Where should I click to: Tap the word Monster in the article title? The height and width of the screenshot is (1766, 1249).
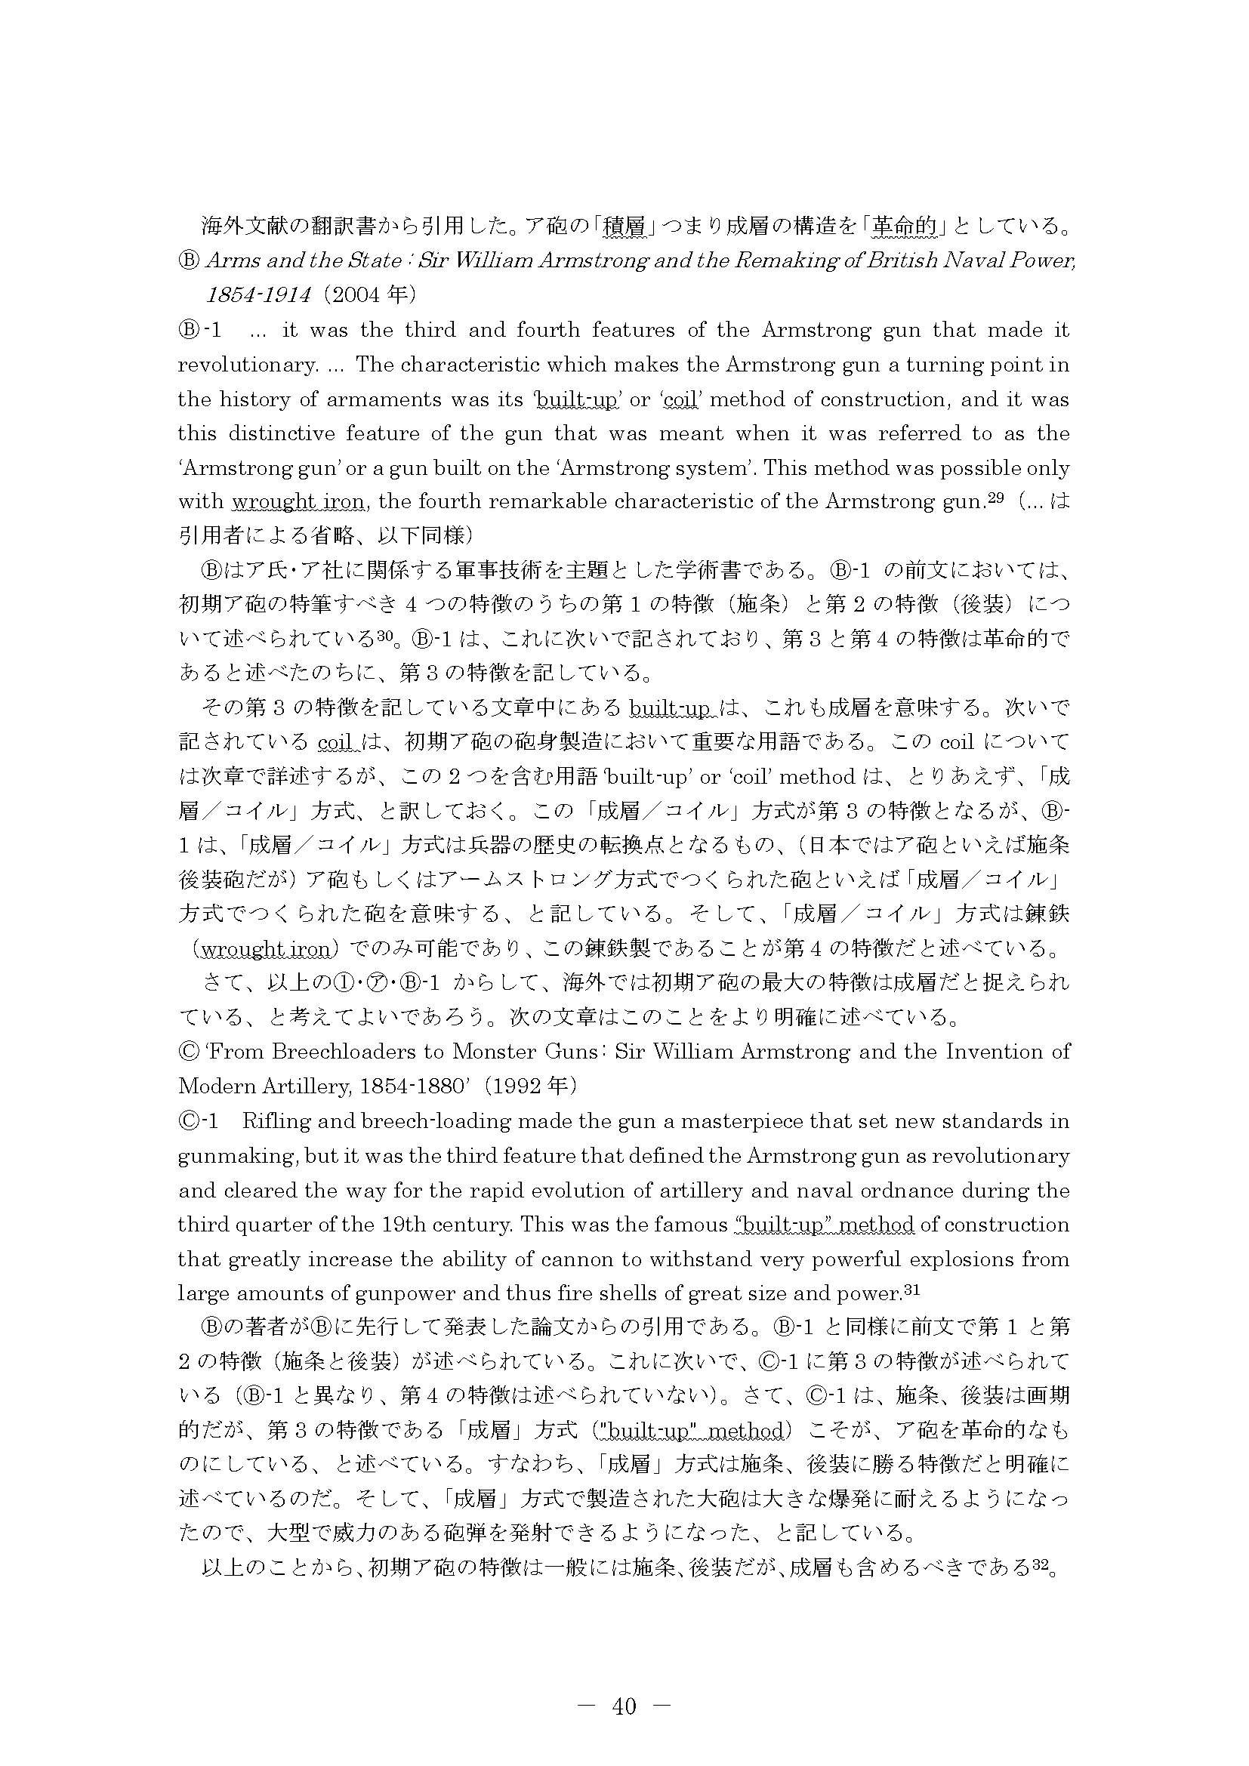pos(504,1052)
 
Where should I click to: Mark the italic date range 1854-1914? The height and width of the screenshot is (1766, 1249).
pos(258,294)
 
